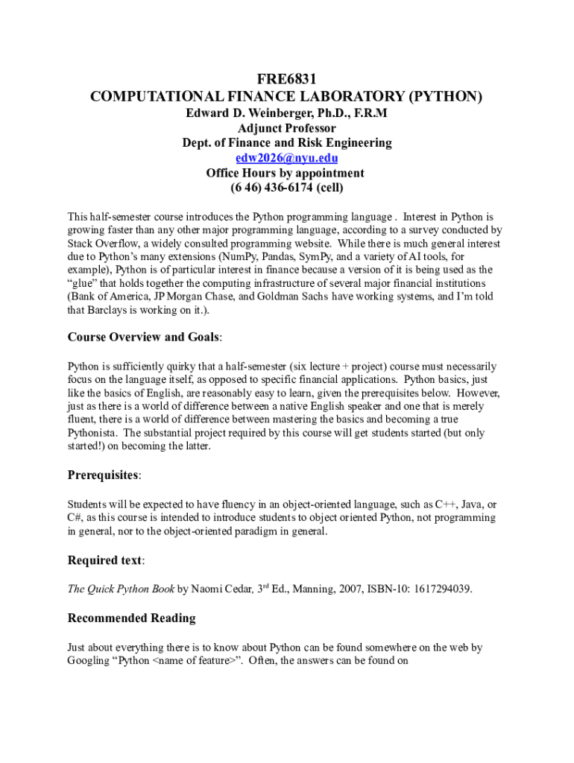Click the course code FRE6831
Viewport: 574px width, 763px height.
click(x=287, y=79)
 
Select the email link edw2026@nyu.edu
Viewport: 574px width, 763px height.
click(x=287, y=158)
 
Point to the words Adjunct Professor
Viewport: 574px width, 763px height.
click(x=287, y=128)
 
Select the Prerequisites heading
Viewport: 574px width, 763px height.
click(x=103, y=475)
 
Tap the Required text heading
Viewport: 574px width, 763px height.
click(x=105, y=560)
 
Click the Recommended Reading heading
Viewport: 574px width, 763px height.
click(x=131, y=618)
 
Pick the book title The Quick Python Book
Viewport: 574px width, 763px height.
click(x=121, y=589)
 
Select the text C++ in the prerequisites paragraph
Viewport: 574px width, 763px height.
click(x=446, y=504)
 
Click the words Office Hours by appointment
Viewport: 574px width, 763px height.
click(x=287, y=173)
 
